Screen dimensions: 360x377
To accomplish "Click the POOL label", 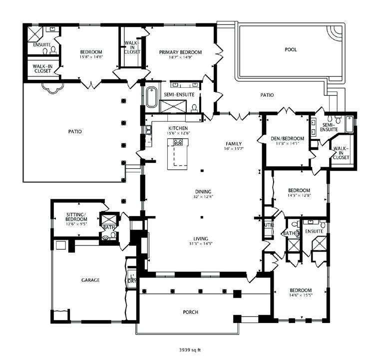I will click(x=290, y=49).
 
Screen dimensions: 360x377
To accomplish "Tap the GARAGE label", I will click(x=91, y=280).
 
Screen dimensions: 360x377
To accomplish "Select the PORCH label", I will click(x=191, y=312).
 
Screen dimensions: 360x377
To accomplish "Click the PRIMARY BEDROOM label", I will click(x=180, y=52).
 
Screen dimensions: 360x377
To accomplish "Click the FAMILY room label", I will click(x=233, y=143).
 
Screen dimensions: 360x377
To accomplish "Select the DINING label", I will click(x=203, y=191).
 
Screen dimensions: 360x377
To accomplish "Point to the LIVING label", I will click(x=203, y=238).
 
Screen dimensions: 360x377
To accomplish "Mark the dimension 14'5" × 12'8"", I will click(x=299, y=196).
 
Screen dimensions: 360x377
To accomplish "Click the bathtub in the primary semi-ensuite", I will click(x=151, y=98).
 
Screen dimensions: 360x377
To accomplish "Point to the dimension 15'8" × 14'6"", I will click(x=91, y=57).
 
